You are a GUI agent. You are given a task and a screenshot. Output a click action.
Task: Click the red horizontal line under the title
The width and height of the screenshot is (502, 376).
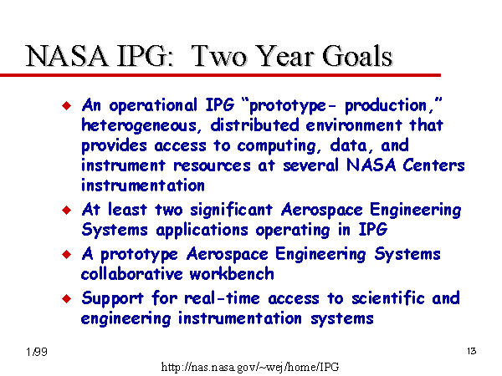point(220,75)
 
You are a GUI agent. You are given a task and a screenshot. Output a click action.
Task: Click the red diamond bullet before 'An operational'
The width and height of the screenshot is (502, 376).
point(67,105)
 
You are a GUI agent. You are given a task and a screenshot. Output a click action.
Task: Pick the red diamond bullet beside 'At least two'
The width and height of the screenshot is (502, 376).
point(67,210)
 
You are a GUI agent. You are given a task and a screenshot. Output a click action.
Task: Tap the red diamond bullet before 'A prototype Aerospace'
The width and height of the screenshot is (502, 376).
point(67,254)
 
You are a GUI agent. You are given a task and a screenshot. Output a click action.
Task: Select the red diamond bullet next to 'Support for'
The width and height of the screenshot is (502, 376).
point(67,298)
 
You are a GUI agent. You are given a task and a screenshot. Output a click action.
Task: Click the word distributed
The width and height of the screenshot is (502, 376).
point(254,125)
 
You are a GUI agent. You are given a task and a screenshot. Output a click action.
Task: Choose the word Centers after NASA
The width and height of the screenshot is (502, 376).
point(433,165)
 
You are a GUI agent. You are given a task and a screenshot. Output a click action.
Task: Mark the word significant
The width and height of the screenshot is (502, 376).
point(231,211)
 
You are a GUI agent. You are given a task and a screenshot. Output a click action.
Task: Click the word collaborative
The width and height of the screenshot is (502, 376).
point(131,274)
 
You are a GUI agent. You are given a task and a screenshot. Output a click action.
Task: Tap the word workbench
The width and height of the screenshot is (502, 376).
point(232,274)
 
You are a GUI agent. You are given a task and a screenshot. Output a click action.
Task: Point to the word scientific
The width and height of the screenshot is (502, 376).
point(388,298)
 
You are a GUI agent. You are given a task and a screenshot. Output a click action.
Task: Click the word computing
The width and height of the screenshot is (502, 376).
point(277,146)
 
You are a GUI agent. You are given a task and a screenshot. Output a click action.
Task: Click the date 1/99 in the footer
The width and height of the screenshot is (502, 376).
point(37,352)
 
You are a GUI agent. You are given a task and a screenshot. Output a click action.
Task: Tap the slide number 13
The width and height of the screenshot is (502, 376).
point(472,351)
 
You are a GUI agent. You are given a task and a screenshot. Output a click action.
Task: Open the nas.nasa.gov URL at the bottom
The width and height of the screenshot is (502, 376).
point(250,367)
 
